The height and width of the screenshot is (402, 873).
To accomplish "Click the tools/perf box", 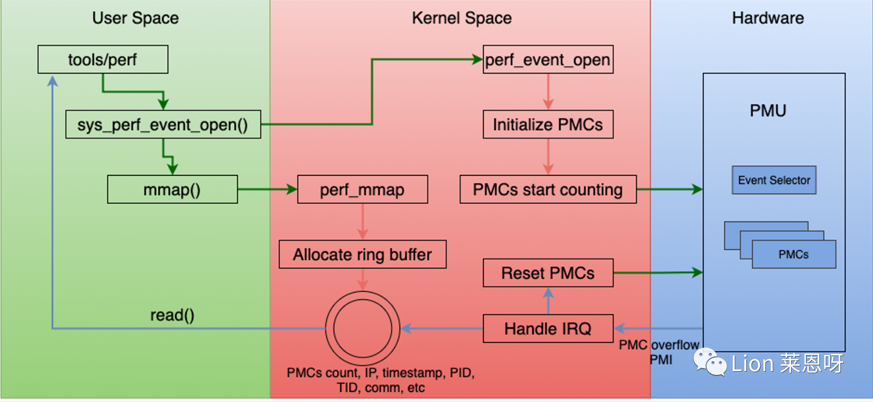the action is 103,59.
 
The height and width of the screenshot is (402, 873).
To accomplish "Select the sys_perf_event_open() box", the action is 163,124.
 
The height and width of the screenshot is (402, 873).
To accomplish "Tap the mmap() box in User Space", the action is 172,189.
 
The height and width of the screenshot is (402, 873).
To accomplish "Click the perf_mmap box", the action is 363,189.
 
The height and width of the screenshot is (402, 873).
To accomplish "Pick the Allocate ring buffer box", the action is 363,254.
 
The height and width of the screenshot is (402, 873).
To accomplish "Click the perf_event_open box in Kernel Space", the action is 548,59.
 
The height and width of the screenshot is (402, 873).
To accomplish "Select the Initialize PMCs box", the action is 548,124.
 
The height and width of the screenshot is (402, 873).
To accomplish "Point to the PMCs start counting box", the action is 548,189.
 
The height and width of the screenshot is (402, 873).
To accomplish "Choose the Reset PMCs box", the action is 548,273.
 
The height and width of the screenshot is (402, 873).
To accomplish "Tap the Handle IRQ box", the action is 548,329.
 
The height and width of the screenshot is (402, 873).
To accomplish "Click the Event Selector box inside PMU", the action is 774,180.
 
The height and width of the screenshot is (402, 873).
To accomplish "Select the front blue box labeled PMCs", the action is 794,254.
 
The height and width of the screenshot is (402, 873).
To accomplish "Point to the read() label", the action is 172,315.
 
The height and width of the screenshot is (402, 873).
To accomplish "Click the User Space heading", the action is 136,18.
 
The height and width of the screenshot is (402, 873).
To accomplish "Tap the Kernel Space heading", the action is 462,18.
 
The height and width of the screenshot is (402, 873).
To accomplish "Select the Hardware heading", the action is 768,18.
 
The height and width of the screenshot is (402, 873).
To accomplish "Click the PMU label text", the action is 768,111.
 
